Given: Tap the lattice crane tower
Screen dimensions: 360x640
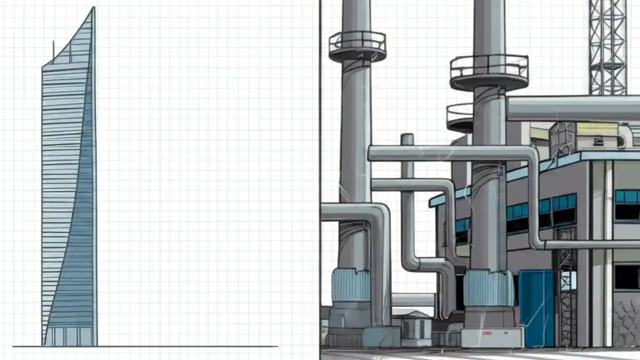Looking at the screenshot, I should pyautogui.click(x=607, y=47).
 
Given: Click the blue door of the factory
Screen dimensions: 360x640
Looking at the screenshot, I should pyautogui.click(x=536, y=307).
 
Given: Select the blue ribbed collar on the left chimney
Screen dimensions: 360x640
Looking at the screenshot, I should pyautogui.click(x=350, y=284).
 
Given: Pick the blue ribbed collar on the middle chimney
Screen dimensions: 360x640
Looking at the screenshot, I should pyautogui.click(x=488, y=289).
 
